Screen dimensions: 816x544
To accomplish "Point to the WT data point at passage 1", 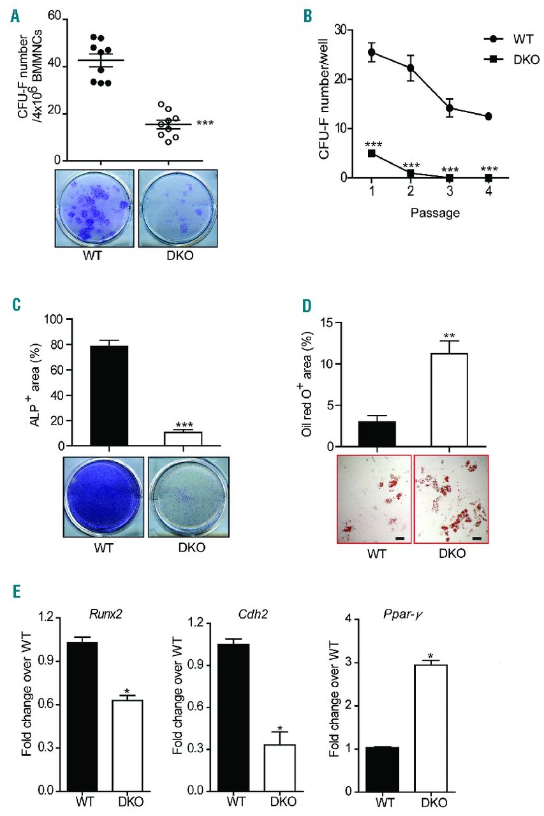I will click(371, 52).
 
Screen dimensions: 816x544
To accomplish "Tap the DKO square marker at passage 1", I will click(371, 153).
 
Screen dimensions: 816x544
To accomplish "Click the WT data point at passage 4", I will click(488, 116).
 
